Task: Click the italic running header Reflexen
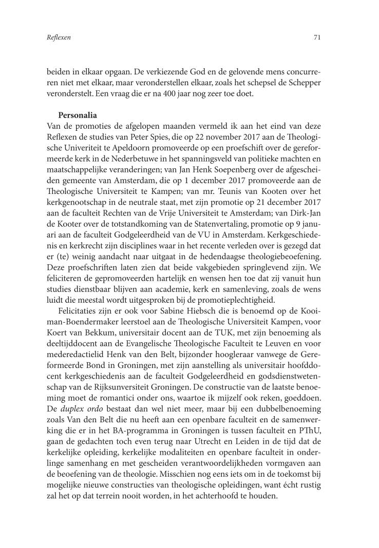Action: [x=58, y=37]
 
